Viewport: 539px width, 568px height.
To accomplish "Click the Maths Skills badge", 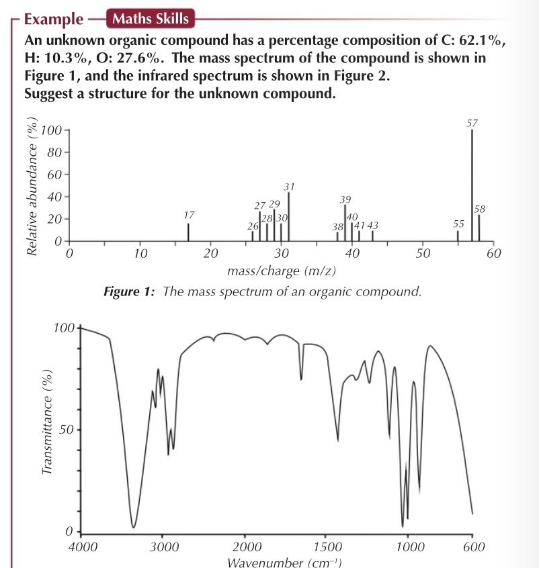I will point(150,19).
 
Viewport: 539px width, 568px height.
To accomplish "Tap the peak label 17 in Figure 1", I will point(189,216).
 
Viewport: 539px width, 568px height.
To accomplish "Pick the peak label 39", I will point(345,199).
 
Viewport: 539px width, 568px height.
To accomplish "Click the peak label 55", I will point(459,223).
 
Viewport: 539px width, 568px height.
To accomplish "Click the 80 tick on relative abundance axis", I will point(53,152).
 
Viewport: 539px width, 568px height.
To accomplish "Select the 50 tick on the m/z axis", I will point(423,254).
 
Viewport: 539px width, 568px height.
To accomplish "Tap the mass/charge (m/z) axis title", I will point(282,271).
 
